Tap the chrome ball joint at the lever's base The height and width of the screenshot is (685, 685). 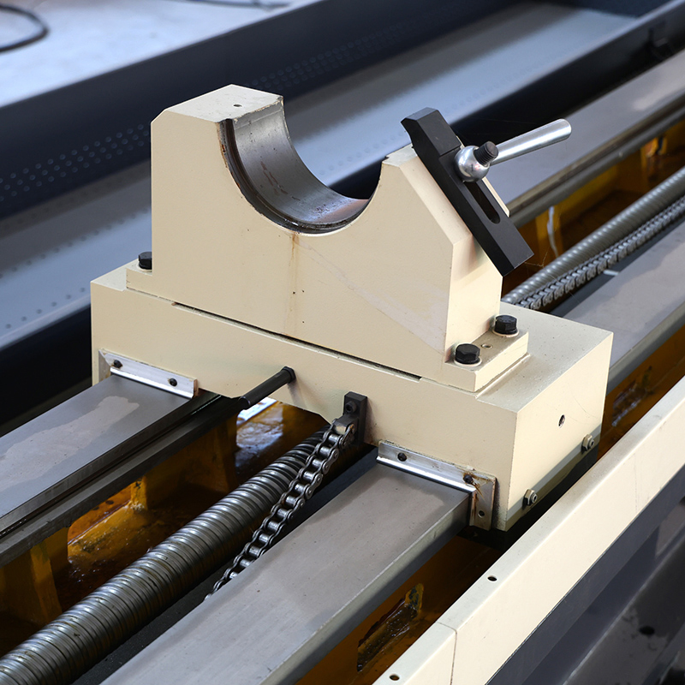(472, 162)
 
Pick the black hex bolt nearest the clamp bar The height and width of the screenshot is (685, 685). (505, 325)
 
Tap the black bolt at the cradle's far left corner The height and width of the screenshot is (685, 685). (146, 259)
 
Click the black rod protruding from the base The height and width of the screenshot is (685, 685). (265, 387)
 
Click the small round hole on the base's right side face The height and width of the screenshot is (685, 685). (562, 420)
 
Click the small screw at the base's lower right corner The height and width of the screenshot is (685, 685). (531, 497)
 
